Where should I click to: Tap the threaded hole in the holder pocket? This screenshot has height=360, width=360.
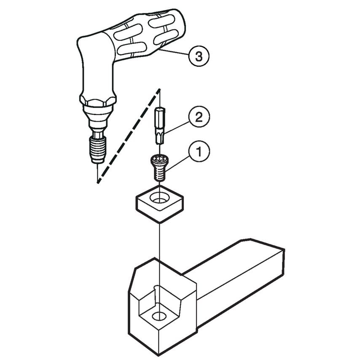coord(159,316)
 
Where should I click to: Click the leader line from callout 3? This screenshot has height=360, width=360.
coord(175,52)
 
